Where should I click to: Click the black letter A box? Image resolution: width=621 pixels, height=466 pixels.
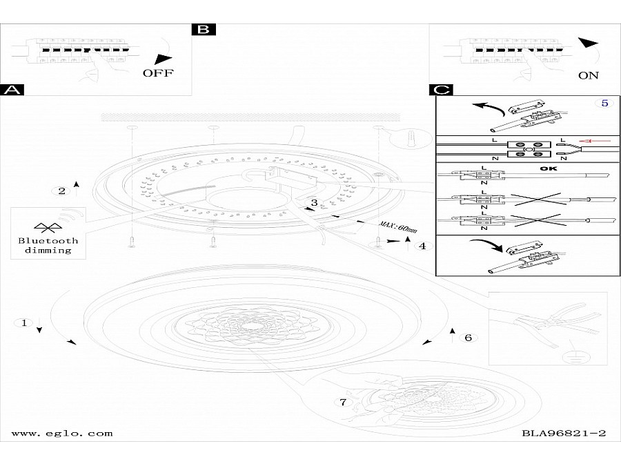[12, 90]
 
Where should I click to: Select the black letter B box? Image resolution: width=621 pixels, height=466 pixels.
[204, 30]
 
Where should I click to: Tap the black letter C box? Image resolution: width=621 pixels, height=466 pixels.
[441, 90]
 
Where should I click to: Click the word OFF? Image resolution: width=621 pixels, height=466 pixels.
[158, 73]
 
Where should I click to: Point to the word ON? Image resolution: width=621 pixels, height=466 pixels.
[589, 75]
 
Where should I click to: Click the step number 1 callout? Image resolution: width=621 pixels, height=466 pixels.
[24, 323]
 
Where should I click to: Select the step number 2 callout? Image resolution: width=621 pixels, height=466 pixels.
[62, 191]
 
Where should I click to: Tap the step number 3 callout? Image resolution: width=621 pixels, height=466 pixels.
[314, 203]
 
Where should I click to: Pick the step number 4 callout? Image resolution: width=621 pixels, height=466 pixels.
[422, 246]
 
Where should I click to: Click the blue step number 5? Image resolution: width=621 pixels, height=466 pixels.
[604, 103]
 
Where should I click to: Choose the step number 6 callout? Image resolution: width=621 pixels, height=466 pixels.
[469, 338]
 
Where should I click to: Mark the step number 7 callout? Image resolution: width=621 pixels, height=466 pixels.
[343, 402]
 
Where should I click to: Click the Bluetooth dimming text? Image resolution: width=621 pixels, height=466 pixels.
[48, 245]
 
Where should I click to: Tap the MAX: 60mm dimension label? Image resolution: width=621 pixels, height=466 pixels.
[398, 226]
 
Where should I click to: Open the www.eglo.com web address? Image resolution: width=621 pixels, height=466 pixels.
[62, 434]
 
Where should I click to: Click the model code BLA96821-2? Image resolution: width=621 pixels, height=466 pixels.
[564, 433]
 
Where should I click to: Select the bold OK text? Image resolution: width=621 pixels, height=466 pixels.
[548, 169]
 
